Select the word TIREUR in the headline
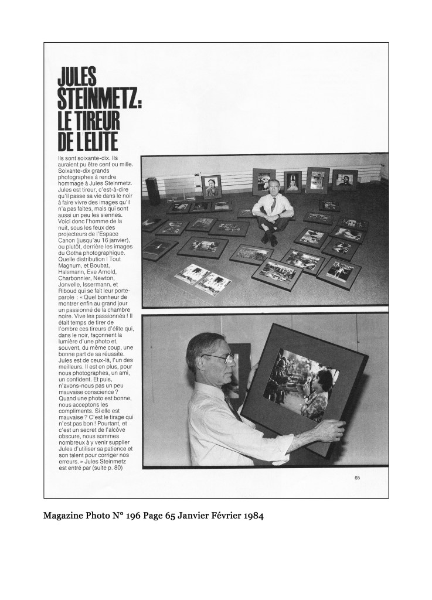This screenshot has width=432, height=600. click(x=95, y=120)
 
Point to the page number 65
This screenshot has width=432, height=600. click(x=357, y=478)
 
